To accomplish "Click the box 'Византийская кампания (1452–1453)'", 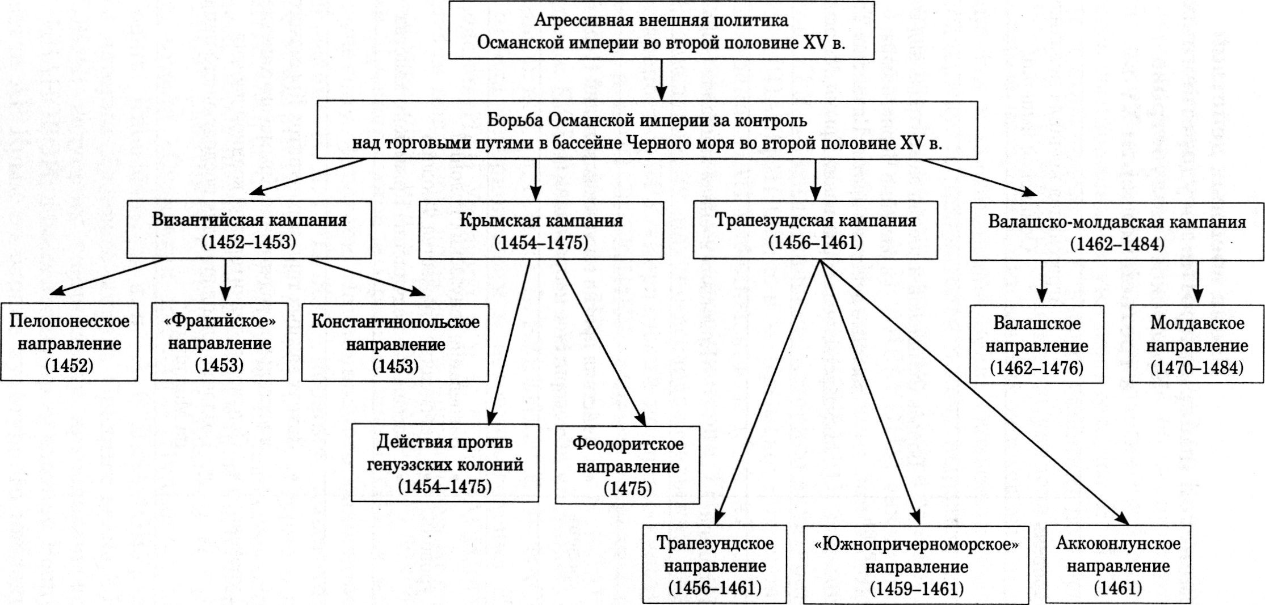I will coord(249,230).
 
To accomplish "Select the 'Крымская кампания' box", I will coord(541,230).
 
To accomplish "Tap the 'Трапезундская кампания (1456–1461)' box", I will coord(815,230).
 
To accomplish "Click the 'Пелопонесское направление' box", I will coord(69,342).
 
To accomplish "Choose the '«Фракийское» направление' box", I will coord(220,342).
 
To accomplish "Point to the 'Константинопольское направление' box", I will coord(395,342).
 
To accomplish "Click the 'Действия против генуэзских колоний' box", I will coord(445,464).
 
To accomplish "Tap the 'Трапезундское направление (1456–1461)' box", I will coord(715,564).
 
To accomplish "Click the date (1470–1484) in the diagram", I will coord(1197,368).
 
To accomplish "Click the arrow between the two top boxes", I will coord(661,79).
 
